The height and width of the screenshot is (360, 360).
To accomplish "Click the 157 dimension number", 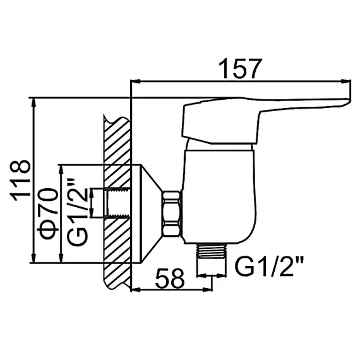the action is pos(240,69).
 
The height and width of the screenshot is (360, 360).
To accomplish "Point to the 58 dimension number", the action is pos(170,279).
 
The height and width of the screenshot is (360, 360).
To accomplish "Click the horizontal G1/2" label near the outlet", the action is pos(269,267).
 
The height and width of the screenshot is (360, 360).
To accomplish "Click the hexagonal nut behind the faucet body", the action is pos(172,213).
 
